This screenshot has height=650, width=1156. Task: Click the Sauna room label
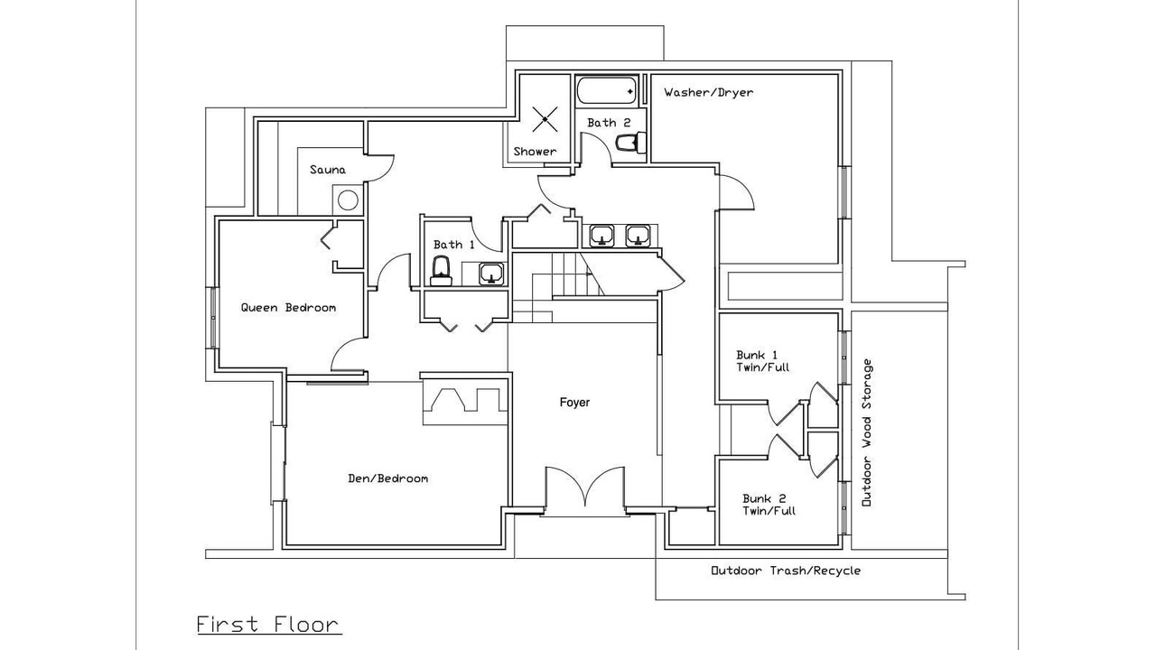tap(328, 170)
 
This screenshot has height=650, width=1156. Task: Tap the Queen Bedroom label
tap(288, 308)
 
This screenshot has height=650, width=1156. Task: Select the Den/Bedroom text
tap(388, 478)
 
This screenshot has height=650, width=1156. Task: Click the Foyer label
tap(574, 403)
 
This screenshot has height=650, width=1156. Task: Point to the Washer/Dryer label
tap(709, 93)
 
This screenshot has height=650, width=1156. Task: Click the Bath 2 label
tap(609, 123)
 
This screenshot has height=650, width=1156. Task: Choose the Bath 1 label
tap(453, 245)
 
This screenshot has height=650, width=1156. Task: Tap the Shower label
tap(536, 152)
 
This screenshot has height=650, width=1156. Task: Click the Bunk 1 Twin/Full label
tap(763, 361)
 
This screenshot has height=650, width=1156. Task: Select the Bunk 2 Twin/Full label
tap(769, 505)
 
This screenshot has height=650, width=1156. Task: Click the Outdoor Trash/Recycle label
tap(786, 571)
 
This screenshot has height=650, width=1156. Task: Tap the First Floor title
tap(269, 625)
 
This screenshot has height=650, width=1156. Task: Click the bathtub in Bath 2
tap(606, 91)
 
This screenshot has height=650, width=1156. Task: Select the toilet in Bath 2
tap(631, 143)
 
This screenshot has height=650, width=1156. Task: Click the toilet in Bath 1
tap(442, 272)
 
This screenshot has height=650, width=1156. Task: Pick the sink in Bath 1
tap(490, 274)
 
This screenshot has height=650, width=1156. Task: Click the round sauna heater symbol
tap(348, 200)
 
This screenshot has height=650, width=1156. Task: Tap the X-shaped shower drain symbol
tap(545, 120)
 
